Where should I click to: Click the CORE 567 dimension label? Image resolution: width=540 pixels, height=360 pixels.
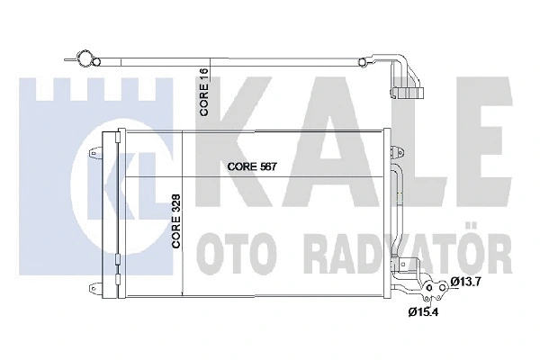point(252,166)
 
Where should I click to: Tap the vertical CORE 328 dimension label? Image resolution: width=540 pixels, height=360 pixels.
point(176,220)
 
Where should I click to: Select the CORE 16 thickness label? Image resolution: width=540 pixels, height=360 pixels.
point(204,92)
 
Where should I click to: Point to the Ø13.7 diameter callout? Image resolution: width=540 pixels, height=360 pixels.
point(465,282)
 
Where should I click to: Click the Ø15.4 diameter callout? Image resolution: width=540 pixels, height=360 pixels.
point(423,312)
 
